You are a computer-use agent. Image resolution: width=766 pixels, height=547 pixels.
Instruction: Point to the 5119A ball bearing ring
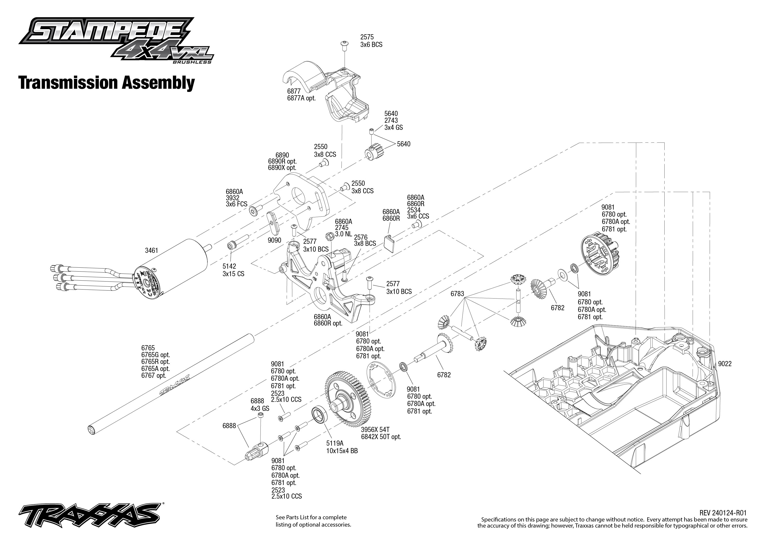pyautogui.click(x=320, y=415)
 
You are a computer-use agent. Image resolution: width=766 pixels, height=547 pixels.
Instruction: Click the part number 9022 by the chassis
pyautogui.click(x=725, y=364)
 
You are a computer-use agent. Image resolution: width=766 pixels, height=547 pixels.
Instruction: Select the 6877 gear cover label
pyautogui.click(x=294, y=91)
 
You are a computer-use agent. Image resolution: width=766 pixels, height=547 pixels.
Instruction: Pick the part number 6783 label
pyautogui.click(x=457, y=294)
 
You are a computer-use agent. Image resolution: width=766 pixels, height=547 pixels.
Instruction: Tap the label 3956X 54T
pyautogui.click(x=375, y=430)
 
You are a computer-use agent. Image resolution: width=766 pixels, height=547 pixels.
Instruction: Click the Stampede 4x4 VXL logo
pyautogui.click(x=116, y=40)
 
